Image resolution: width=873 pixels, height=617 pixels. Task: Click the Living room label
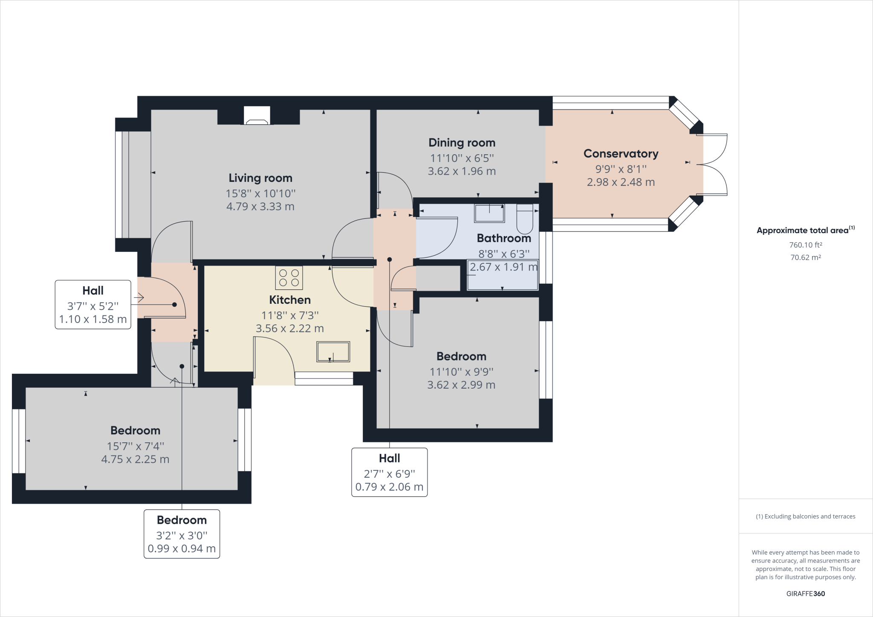[260, 178]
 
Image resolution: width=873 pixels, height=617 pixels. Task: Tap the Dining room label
[462, 143]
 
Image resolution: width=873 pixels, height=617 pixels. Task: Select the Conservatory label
[621, 153]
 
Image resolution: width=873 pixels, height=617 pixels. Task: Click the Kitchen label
[290, 300]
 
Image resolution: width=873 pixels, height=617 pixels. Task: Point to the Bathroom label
[504, 238]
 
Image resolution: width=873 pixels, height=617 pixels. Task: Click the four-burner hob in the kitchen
[289, 278]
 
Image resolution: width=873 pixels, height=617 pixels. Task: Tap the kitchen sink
[333, 352]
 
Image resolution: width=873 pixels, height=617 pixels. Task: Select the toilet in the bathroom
[525, 217]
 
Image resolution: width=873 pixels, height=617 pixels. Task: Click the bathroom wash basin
[490, 213]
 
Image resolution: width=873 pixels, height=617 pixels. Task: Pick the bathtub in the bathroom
[503, 275]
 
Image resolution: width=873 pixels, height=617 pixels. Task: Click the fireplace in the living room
[257, 115]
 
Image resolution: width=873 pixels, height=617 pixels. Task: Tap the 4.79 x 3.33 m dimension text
[260, 207]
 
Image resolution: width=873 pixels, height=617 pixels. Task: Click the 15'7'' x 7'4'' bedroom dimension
[135, 446]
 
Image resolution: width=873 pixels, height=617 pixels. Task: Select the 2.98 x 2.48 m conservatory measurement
[621, 182]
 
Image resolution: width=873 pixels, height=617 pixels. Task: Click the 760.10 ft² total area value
[806, 245]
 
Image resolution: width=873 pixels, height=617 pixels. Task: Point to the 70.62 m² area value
[806, 257]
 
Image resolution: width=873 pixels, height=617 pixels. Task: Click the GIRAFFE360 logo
[806, 594]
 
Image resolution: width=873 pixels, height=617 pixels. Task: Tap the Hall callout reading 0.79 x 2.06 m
[390, 472]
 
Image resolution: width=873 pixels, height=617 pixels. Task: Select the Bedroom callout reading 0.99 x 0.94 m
[182, 534]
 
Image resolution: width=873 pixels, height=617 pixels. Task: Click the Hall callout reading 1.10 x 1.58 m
[93, 305]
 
